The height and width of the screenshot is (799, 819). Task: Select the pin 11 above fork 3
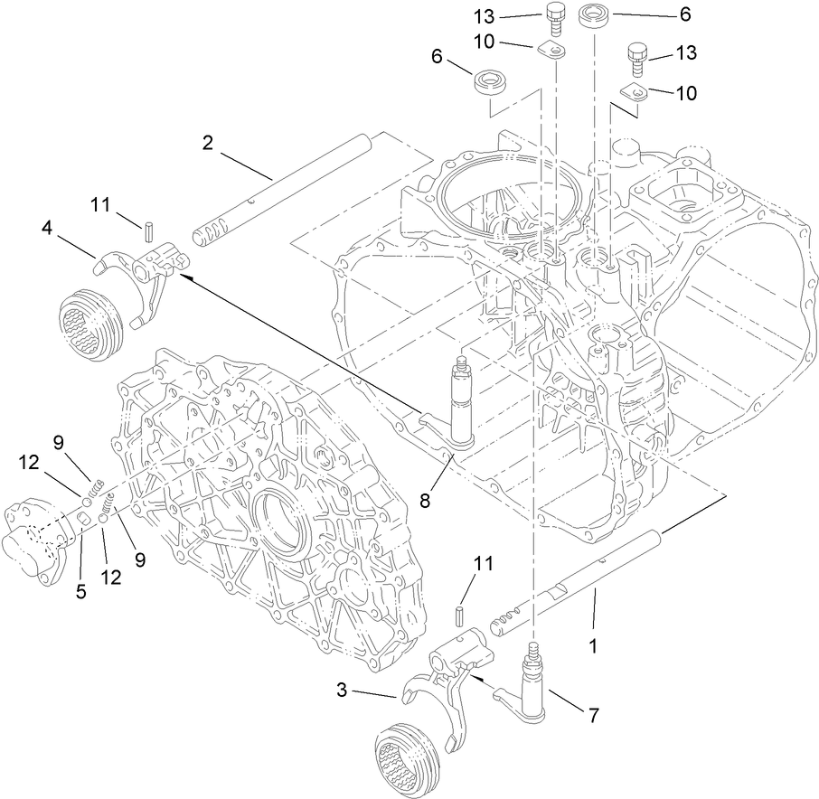(459, 616)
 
